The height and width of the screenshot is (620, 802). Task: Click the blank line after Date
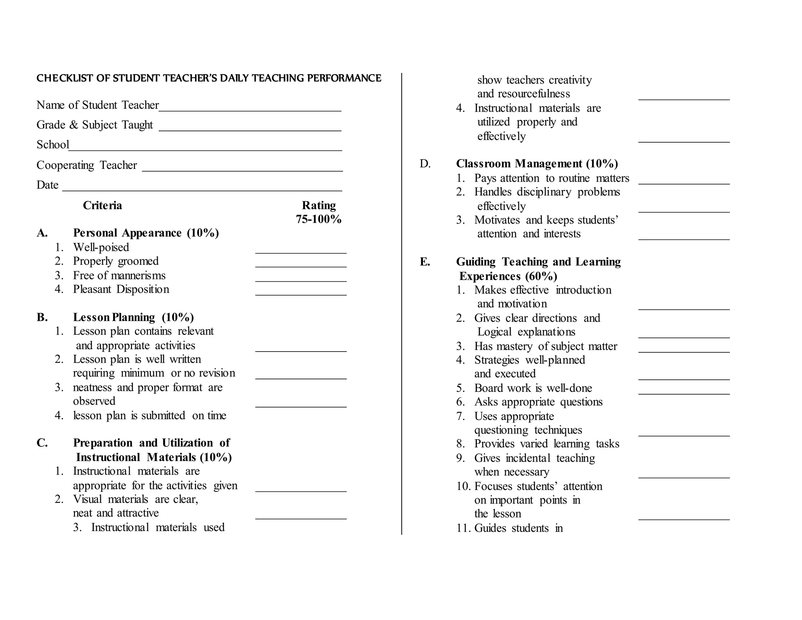[202, 190]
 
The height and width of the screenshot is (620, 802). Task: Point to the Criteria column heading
[102, 205]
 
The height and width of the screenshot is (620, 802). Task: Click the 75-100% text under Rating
[318, 219]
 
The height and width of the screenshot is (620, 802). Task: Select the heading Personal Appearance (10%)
[146, 233]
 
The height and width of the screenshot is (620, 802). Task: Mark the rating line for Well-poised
[301, 252]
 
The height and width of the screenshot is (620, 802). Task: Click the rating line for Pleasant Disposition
[301, 294]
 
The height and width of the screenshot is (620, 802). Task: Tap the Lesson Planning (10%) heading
[133, 317]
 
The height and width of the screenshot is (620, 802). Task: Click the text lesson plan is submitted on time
[150, 415]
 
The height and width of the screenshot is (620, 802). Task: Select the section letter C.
[42, 443]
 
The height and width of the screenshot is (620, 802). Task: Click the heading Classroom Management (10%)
[537, 163]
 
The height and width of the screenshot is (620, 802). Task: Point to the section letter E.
[424, 262]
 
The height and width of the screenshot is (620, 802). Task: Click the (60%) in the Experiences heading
[541, 276]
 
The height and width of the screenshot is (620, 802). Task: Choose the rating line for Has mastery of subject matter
[684, 351]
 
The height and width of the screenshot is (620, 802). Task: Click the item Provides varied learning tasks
[547, 444]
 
